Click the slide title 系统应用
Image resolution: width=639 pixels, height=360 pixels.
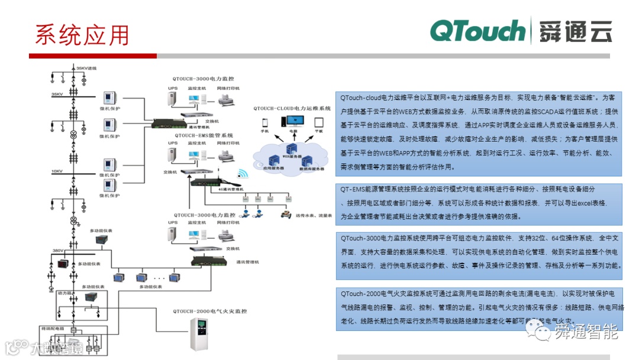coord(82,35)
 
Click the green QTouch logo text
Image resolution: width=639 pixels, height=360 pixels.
coord(477,31)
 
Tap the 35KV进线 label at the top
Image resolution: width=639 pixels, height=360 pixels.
coord(86,69)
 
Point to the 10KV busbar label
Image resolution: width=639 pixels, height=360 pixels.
coord(57,171)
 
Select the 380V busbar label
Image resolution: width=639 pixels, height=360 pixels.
coord(57,250)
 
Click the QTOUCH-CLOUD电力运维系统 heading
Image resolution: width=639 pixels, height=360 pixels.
coord(292,109)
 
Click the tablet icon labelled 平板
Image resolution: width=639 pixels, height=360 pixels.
coord(319,123)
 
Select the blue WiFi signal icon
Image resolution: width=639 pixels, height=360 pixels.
coord(242,174)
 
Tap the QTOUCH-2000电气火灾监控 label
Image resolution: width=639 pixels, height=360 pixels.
coord(209,311)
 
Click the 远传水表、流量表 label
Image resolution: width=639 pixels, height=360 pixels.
coord(314,215)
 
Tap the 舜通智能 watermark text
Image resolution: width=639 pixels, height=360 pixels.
coord(586,332)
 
